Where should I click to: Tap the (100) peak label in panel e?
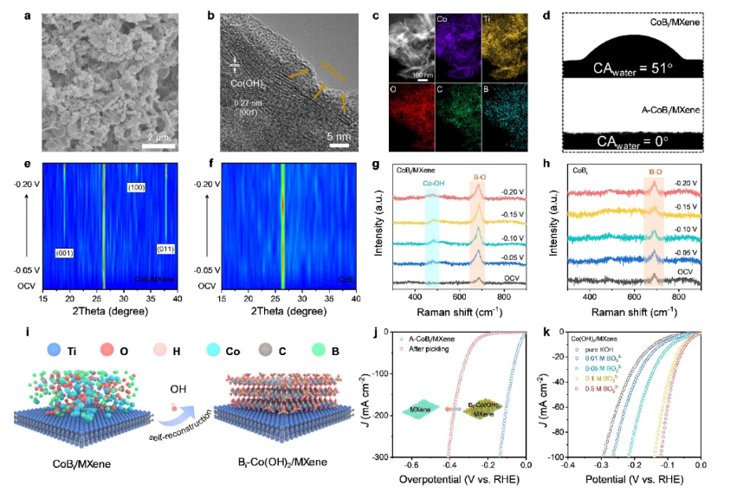(136, 187)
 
